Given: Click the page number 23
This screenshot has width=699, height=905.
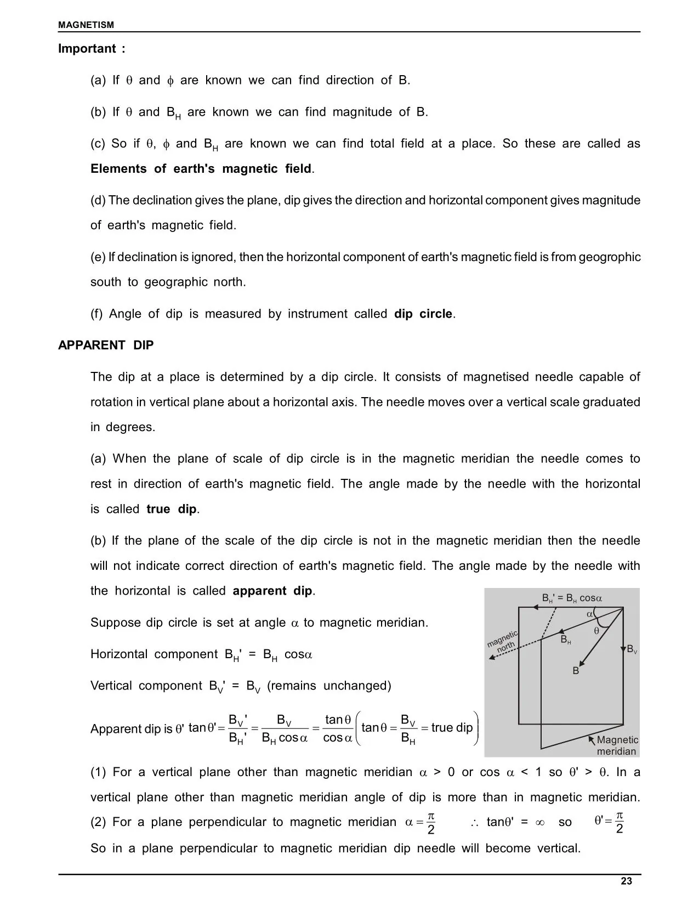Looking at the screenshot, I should click(626, 881).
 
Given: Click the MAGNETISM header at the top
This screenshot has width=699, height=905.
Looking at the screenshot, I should click(86, 25).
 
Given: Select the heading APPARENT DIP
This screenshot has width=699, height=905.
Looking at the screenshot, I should click(106, 345).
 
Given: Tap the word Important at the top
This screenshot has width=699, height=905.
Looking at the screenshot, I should click(87, 48).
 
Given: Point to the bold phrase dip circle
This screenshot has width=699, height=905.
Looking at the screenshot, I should click(423, 314).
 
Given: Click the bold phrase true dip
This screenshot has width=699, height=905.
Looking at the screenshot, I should click(171, 509).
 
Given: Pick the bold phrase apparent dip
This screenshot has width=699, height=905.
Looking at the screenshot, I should click(272, 591).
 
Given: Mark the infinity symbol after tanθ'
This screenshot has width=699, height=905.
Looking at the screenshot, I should click(539, 822).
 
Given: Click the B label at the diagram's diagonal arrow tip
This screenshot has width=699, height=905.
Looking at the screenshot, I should click(576, 671).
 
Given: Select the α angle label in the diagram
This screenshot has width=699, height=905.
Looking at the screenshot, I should click(590, 614).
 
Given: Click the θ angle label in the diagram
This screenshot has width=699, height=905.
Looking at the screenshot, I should click(596, 631).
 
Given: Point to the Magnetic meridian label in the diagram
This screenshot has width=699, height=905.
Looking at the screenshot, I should click(617, 746).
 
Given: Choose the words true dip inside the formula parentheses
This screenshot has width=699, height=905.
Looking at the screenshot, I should click(451, 728).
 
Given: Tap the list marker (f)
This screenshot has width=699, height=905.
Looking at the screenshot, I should click(97, 314).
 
